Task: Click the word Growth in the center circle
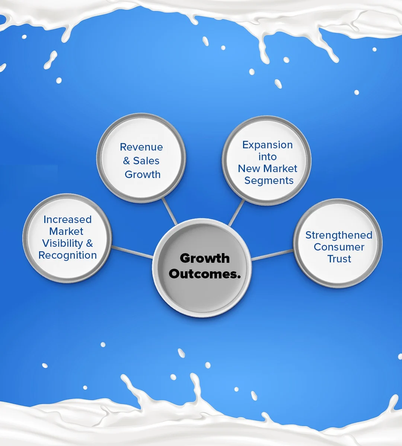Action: coord(205,259)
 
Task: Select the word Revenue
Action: coord(141,147)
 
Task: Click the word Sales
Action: coord(146,161)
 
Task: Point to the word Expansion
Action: coord(268,145)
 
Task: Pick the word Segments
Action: coord(269,181)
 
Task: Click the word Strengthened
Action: coord(339,235)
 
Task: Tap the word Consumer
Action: coord(339,247)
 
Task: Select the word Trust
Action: coord(339,259)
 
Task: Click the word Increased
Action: coord(67,220)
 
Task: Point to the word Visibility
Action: coord(63,244)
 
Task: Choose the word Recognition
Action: coord(67,255)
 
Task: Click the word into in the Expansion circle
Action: coord(268,157)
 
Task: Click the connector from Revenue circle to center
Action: coord(170,211)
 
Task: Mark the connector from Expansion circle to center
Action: coord(236,213)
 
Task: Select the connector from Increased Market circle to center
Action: coord(132,252)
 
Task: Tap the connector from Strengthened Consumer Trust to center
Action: coord(272,255)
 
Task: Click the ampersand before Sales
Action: coord(127,161)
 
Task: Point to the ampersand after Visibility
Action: coord(89,243)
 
